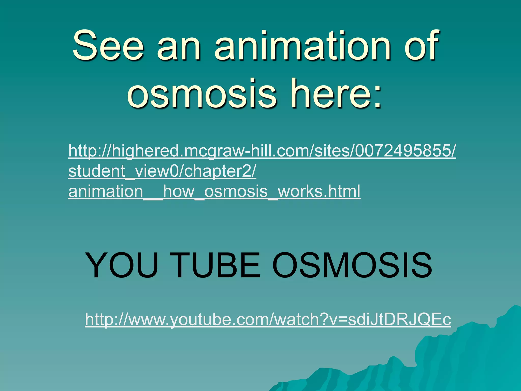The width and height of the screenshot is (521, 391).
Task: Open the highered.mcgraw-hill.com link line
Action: [262, 151]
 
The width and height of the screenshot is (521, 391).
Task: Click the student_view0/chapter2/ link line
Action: [162, 171]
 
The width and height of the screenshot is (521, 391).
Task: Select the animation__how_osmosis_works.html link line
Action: [214, 191]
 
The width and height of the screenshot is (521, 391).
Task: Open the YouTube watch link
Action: [268, 319]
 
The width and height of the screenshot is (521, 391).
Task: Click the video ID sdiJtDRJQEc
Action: [399, 319]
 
